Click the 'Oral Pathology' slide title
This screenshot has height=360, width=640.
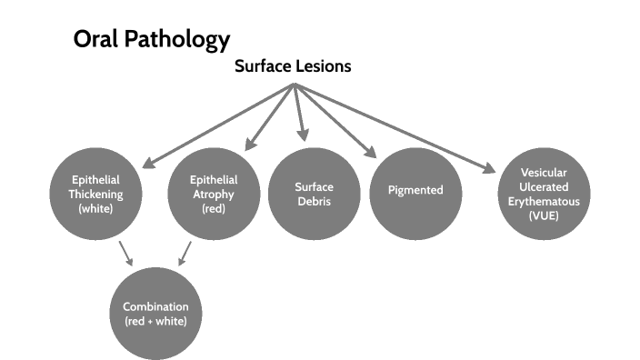(151, 41)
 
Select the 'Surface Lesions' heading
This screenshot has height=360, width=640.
(293, 66)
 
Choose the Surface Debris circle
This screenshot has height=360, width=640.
(313, 193)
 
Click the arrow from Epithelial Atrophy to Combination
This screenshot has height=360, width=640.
(185, 253)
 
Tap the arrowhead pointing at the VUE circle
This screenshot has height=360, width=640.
(489, 166)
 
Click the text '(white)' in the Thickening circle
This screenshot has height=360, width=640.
(97, 208)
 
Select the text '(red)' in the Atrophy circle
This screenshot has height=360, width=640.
(214, 208)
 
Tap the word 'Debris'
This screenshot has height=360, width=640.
(313, 201)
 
